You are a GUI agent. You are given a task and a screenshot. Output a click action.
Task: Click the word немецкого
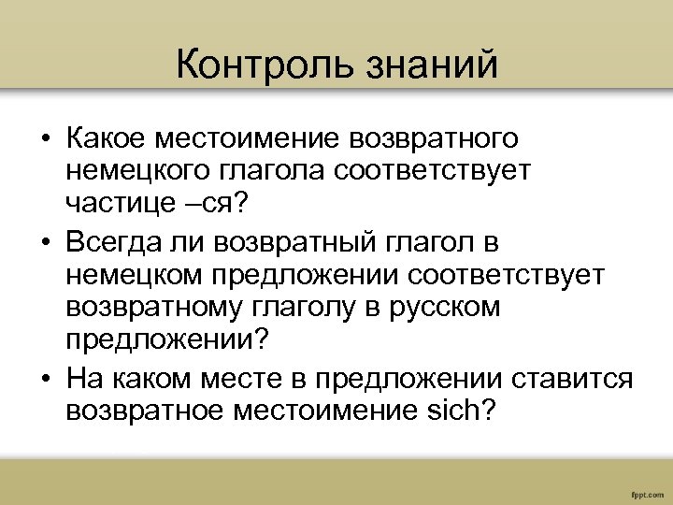[136, 171]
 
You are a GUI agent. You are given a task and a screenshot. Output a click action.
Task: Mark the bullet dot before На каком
[44, 380]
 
